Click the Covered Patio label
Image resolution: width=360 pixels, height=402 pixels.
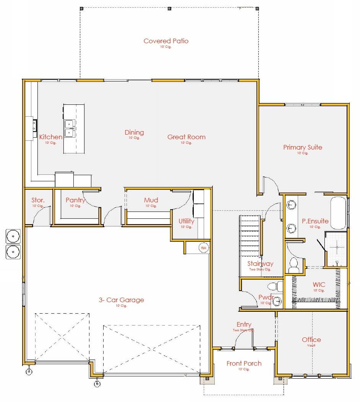click(x=166, y=41)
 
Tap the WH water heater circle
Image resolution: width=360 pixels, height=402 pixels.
click(x=203, y=248)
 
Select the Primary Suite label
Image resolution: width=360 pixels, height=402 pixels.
click(x=302, y=147)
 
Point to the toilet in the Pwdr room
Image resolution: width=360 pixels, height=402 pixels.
click(x=273, y=286)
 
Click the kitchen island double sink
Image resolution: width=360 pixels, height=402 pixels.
click(x=69, y=128)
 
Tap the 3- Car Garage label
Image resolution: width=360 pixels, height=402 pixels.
click(x=121, y=300)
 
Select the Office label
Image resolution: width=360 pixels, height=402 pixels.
click(x=311, y=340)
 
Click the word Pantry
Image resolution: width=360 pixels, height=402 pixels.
click(x=75, y=200)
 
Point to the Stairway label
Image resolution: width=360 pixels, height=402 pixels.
click(x=260, y=264)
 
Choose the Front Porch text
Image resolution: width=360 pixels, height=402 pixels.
click(x=244, y=363)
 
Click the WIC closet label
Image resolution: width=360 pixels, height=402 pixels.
click(x=319, y=285)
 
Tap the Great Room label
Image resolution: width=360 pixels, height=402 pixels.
click(x=186, y=137)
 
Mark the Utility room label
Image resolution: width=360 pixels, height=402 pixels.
click(x=186, y=221)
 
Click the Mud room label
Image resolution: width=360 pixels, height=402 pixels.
click(x=151, y=200)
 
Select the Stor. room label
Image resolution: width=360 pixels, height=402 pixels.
click(x=38, y=200)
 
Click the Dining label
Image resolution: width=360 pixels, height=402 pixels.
click(x=134, y=132)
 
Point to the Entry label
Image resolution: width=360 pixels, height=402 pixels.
click(x=244, y=325)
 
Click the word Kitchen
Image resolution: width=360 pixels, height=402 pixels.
click(x=51, y=137)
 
